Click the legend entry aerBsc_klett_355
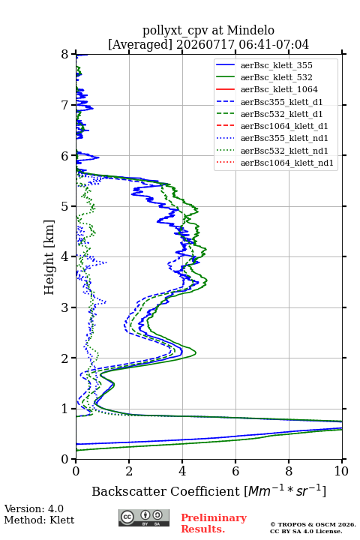point(276,65)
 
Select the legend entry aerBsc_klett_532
point(276,77)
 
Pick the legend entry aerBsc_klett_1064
point(279,89)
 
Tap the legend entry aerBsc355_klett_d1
point(281,102)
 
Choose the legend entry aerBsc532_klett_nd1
point(284,151)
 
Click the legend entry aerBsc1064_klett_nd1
point(287,163)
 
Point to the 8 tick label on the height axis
point(65,55)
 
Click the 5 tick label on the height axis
point(65,206)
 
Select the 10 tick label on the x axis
point(341,471)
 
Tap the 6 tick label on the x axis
point(235,471)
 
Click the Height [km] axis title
point(49,257)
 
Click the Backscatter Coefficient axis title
point(208,490)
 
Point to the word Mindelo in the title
point(250,30)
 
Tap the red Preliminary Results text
point(214,523)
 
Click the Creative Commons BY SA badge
point(144,517)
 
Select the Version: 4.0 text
point(34,508)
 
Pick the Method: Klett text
point(39,520)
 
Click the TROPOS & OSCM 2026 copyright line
point(313,524)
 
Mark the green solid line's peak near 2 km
point(196,352)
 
